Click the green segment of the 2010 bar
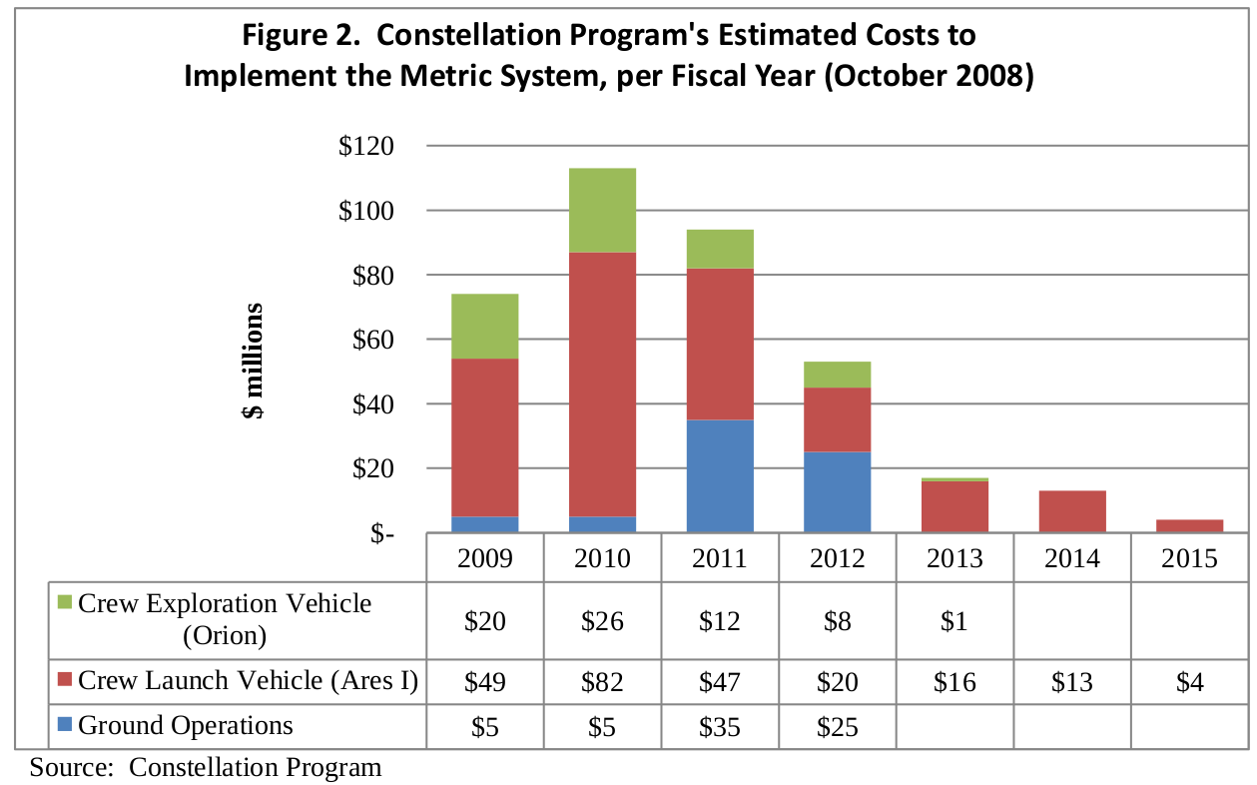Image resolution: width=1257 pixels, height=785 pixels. point(602,210)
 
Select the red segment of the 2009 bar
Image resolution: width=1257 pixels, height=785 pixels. point(485,437)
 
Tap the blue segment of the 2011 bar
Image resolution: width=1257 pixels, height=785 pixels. point(720,476)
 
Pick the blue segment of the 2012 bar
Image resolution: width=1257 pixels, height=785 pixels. point(837,492)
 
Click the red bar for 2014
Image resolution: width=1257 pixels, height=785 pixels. point(1071,511)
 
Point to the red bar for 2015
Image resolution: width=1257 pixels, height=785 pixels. point(1189,525)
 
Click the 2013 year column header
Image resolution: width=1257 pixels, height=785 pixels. point(954,557)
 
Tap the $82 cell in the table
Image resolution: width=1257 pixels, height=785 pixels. point(602,682)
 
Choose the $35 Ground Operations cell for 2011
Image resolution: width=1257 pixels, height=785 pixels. point(720,727)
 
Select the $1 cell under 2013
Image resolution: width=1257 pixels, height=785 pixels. point(954,620)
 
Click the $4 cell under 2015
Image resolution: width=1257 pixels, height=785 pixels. point(1189,682)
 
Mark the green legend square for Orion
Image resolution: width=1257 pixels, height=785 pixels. point(65,603)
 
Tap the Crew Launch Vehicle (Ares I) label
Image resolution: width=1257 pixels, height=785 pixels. point(247,681)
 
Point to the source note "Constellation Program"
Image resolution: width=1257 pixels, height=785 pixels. point(256,767)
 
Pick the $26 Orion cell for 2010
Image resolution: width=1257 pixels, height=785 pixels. point(602,620)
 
